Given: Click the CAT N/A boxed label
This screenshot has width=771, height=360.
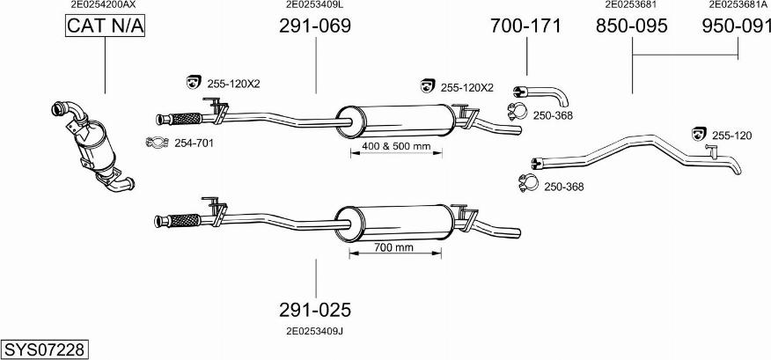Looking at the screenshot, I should (x=105, y=28).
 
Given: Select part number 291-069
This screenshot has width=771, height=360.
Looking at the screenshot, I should (x=314, y=27).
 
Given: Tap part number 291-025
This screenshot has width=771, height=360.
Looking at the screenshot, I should (x=314, y=310).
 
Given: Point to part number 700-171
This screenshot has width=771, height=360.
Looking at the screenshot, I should (x=525, y=27).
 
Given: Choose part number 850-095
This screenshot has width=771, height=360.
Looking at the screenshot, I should (x=631, y=27).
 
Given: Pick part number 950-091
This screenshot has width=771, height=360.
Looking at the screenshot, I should (x=736, y=27).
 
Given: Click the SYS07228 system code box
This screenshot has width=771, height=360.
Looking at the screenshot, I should (x=45, y=349).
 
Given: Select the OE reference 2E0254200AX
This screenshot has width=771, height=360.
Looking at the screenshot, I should (x=104, y=5).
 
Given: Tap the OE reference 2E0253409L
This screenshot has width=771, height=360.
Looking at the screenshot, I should (x=314, y=5).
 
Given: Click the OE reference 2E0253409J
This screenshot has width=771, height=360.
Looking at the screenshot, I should (x=314, y=331).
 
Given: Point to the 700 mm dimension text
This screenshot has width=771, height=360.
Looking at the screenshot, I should (x=393, y=247).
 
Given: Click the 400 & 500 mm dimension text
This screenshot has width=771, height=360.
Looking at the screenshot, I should (x=395, y=145).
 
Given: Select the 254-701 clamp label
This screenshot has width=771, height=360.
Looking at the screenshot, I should (x=194, y=143).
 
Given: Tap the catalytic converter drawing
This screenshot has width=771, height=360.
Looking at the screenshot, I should (x=92, y=145).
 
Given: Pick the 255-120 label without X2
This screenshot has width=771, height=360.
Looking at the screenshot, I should (x=731, y=135).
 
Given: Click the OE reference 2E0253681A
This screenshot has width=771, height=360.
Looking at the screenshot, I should (x=738, y=5).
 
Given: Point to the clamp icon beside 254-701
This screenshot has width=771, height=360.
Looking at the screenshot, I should (x=156, y=143).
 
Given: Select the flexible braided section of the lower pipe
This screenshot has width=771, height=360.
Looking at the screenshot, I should (x=183, y=220).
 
